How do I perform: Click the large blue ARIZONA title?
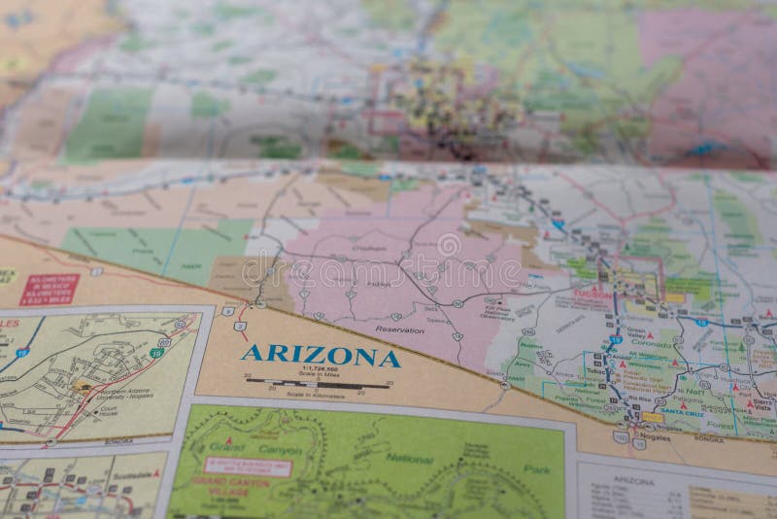[x=321, y=355]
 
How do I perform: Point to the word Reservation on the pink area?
[x=400, y=330]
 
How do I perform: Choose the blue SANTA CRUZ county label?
[x=682, y=411]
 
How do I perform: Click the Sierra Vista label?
[x=761, y=403]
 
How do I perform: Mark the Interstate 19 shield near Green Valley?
[x=616, y=340]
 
